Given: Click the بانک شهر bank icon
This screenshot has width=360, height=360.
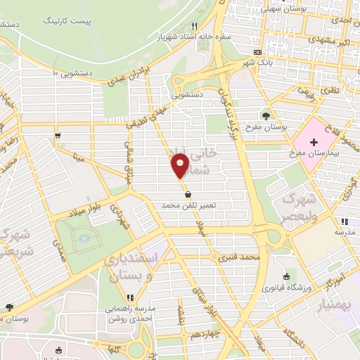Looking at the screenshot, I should (257, 52).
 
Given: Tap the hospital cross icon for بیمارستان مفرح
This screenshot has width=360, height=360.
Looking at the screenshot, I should (314, 142).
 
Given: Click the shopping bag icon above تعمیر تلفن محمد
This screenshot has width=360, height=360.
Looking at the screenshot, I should (188, 194).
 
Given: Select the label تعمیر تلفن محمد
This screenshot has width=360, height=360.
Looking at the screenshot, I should (187, 205).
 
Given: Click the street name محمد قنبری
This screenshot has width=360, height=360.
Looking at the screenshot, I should (239, 258).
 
